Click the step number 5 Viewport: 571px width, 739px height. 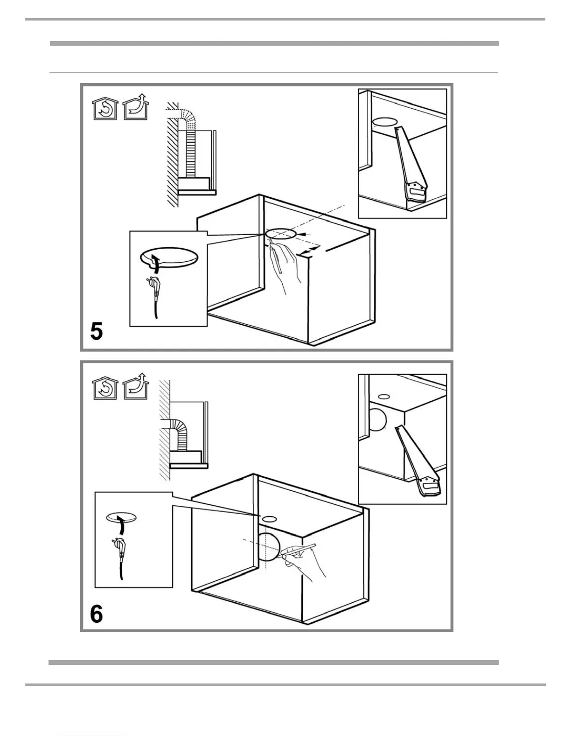(x=97, y=331)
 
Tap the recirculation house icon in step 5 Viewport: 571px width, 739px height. (x=105, y=109)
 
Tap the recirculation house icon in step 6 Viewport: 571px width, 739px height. (x=105, y=388)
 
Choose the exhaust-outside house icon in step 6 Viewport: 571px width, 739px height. (x=135, y=386)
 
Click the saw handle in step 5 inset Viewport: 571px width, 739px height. (x=416, y=192)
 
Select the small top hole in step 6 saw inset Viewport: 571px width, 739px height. (x=384, y=397)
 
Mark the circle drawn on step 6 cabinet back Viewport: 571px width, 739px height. (x=268, y=547)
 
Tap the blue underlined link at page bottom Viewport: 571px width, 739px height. (x=92, y=735)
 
